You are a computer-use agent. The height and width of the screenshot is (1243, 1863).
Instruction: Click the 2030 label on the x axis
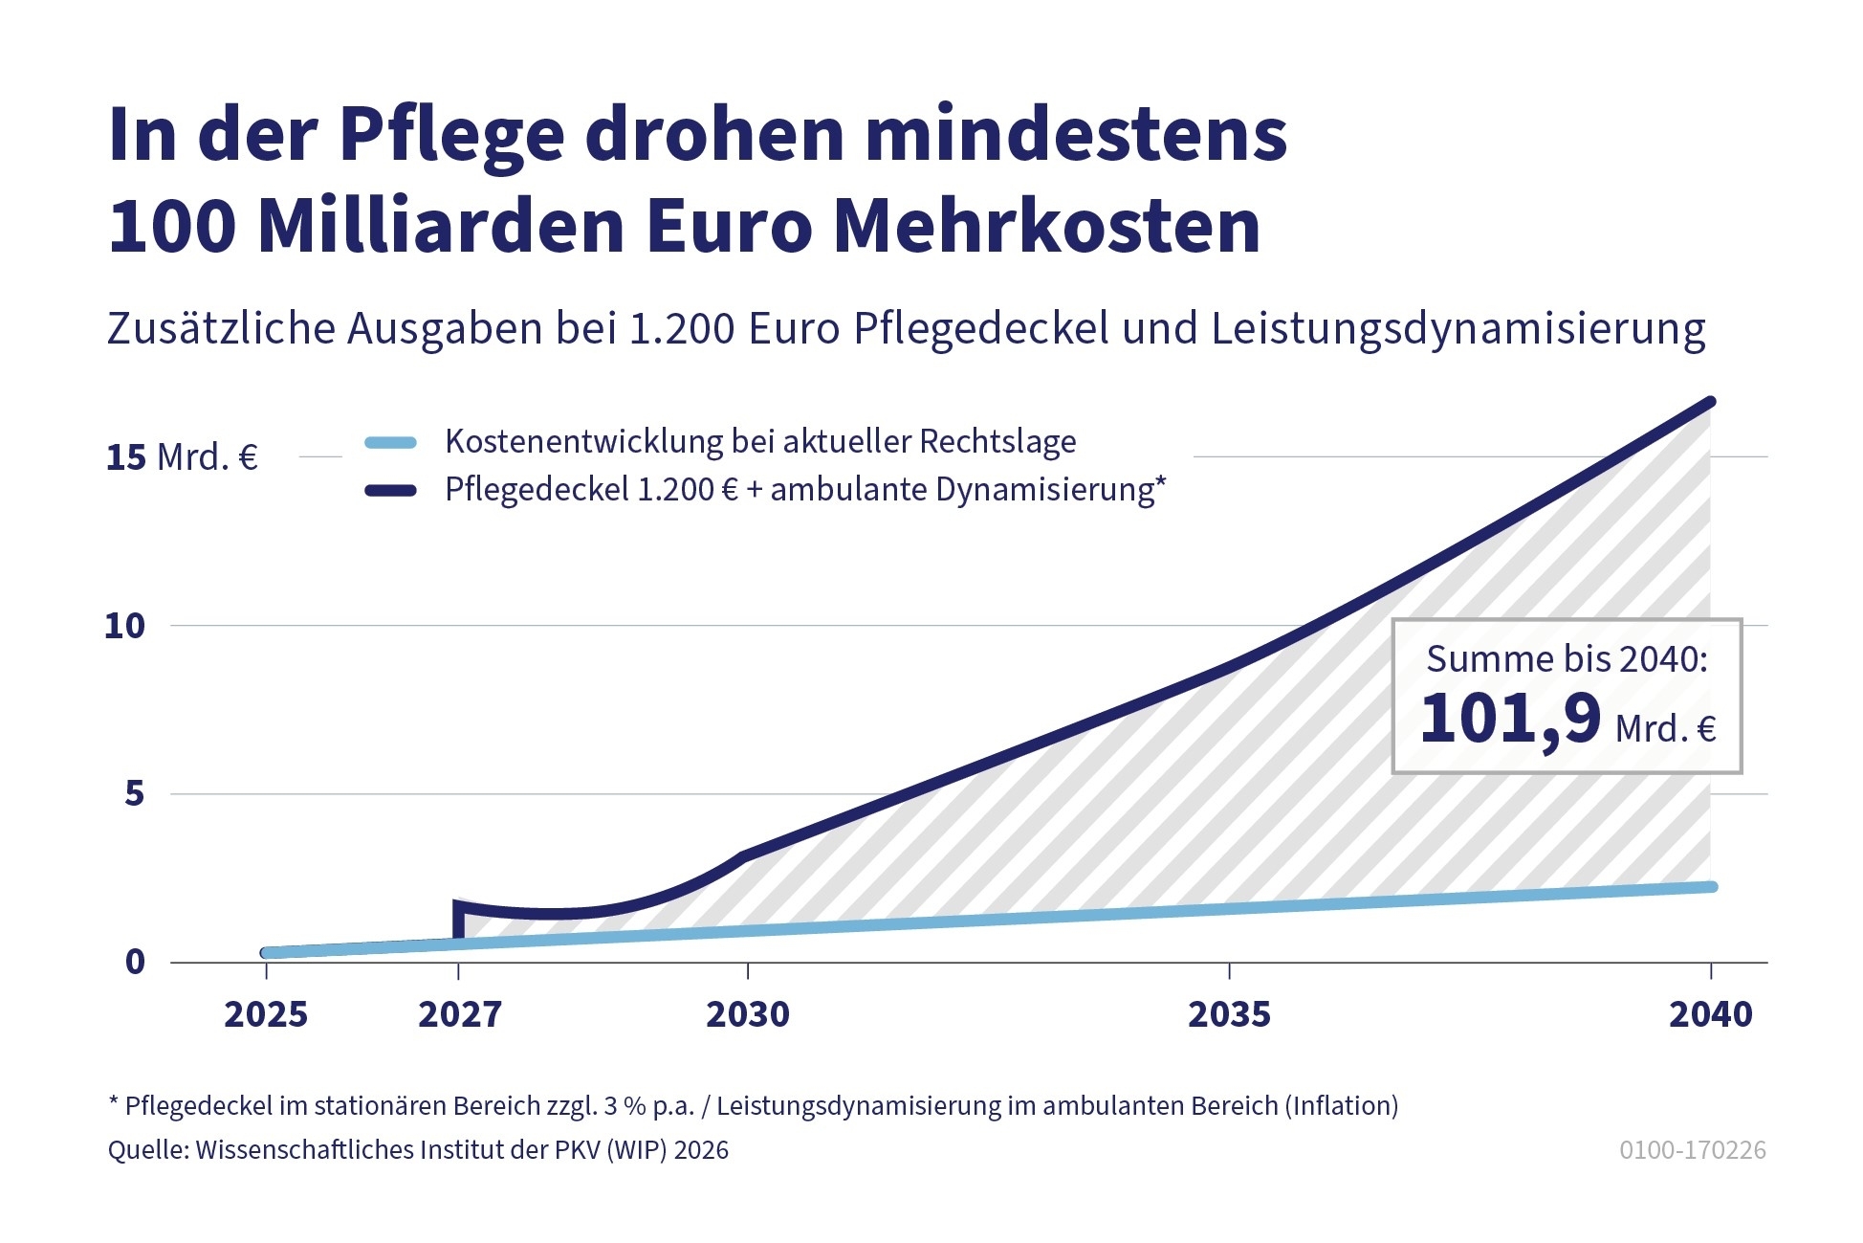click(x=747, y=1014)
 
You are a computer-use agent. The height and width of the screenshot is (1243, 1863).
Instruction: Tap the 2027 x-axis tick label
click(x=459, y=1014)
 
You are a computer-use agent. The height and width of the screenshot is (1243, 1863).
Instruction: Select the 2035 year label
click(x=1229, y=1014)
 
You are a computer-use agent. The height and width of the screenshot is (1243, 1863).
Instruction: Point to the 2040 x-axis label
click(x=1710, y=1014)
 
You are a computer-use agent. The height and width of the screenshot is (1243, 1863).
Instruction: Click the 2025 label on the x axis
click(x=266, y=1014)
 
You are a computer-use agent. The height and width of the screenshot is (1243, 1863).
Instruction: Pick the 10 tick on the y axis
click(x=124, y=626)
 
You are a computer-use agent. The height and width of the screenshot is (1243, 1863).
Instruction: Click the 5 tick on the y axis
click(x=134, y=793)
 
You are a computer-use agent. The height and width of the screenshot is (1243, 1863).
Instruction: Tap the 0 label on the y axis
click(x=135, y=962)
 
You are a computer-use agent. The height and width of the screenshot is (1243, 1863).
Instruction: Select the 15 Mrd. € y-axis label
click(x=182, y=457)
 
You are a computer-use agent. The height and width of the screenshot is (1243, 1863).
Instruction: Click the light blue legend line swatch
click(x=390, y=442)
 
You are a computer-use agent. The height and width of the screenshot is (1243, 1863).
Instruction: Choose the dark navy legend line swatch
click(x=390, y=491)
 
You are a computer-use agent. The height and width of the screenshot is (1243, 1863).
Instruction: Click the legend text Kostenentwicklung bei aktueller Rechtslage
click(x=760, y=441)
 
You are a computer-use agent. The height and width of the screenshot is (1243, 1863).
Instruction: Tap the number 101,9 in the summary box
click(x=1510, y=719)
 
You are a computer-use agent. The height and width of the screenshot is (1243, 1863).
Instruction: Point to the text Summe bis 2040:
click(x=1567, y=659)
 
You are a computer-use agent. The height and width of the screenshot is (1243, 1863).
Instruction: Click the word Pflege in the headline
click(x=451, y=136)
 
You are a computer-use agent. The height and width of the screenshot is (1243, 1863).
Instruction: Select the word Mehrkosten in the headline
click(x=1047, y=227)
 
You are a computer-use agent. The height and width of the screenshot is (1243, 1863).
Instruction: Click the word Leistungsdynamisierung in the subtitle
click(x=1458, y=329)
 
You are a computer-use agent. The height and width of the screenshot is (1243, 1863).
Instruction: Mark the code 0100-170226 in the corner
click(x=1692, y=1149)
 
